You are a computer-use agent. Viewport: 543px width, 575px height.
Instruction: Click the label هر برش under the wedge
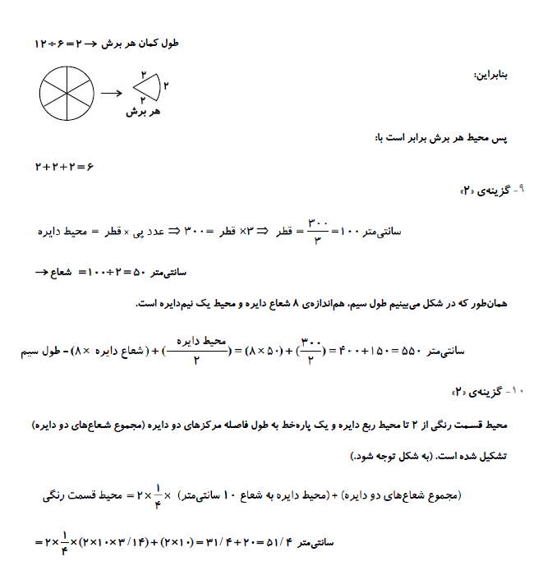[x=141, y=112]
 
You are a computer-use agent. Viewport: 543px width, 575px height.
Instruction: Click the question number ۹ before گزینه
[x=521, y=189]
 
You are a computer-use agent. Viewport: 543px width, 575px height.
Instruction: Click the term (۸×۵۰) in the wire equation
[x=263, y=352]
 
